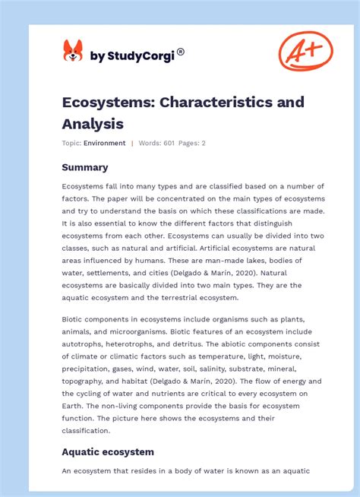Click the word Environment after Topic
pos(105,143)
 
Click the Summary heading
pos(85,167)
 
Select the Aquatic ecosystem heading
pos(108,451)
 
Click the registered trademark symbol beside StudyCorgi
pos(181,52)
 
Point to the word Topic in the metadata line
pos(72,143)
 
